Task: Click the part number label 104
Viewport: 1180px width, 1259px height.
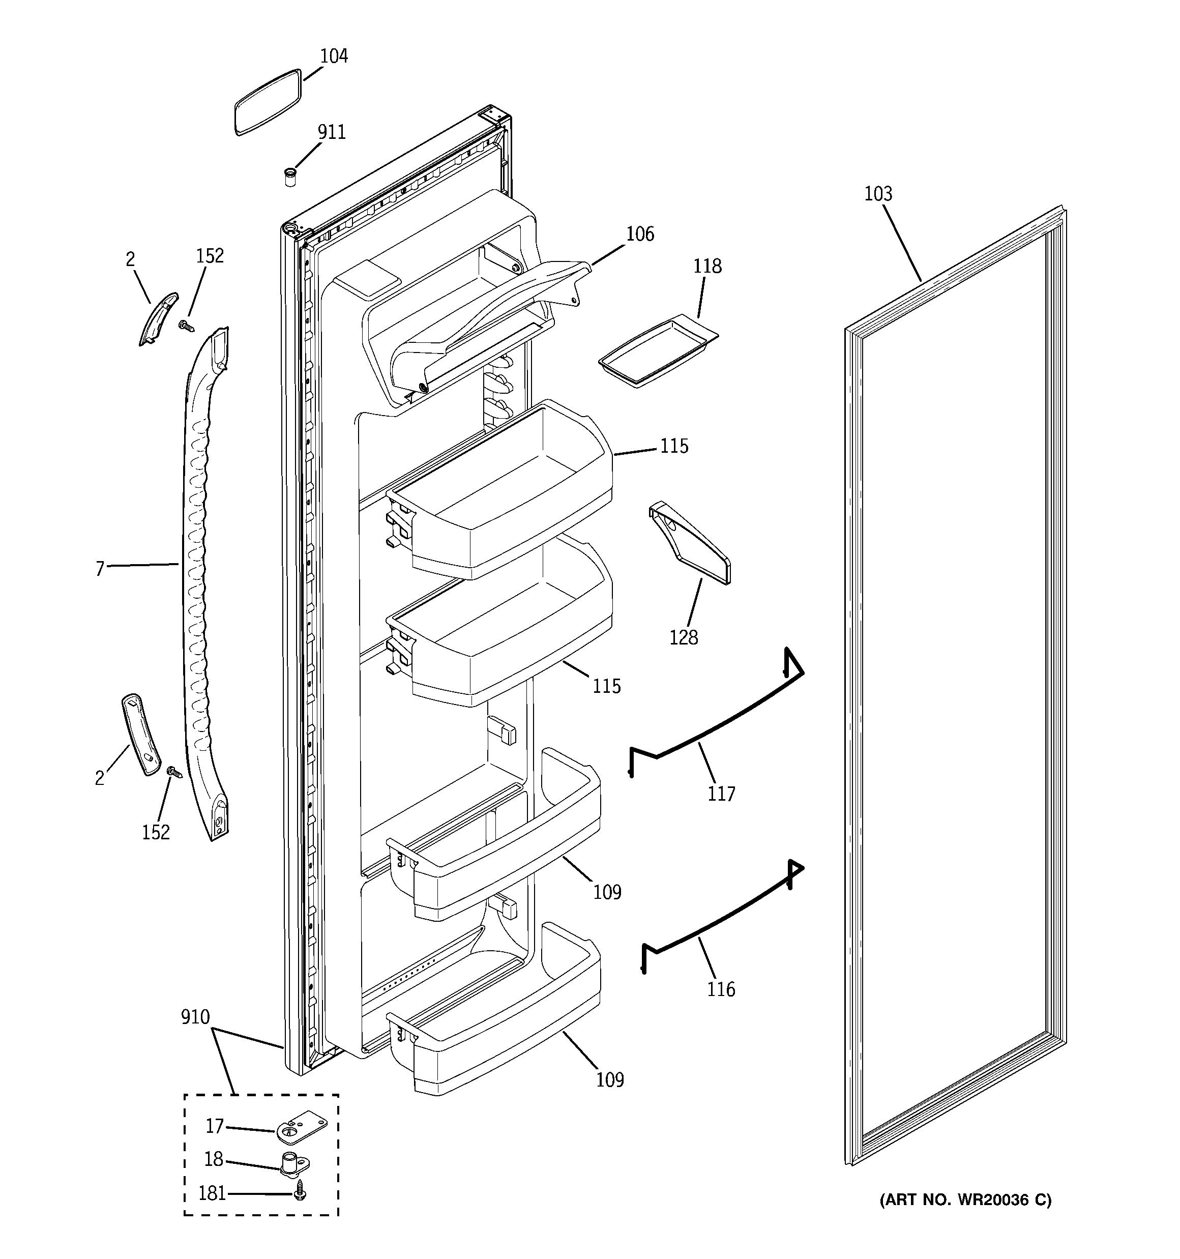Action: click(333, 56)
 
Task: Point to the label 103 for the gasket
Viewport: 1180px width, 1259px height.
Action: click(878, 194)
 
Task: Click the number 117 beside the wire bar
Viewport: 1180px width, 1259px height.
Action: click(721, 794)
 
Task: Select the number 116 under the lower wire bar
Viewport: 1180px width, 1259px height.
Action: click(721, 989)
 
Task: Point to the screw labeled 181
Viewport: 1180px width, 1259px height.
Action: click(300, 1194)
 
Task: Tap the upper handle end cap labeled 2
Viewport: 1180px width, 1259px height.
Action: click(158, 318)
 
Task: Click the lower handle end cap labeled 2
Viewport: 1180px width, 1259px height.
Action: click(140, 735)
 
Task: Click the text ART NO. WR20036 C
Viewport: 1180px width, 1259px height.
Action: click(965, 1200)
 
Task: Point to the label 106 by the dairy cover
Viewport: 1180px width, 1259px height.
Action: click(640, 235)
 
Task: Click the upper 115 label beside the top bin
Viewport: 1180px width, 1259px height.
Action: click(674, 447)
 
